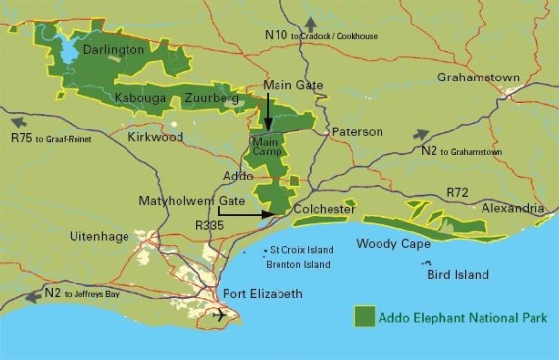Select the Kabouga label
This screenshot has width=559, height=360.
[140, 99]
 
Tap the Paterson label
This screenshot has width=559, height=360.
[356, 130]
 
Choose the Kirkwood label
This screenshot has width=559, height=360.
[156, 138]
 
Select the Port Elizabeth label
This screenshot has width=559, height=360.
[264, 294]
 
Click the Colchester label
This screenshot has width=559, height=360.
[323, 209]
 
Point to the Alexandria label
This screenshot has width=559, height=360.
[512, 208]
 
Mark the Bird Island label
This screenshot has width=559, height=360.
[457, 275]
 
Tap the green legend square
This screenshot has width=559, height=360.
[365, 316]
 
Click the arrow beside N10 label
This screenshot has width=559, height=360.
[311, 23]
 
